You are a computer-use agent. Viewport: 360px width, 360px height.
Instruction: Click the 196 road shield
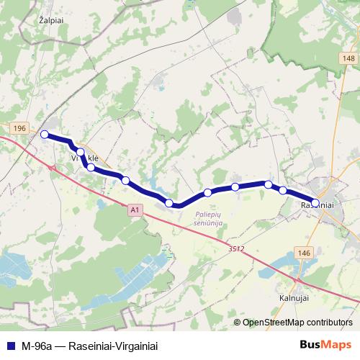[x=19, y=127]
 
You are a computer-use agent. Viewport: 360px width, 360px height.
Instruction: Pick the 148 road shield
[x=348, y=58]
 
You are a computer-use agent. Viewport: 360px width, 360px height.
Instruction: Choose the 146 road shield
[x=303, y=254]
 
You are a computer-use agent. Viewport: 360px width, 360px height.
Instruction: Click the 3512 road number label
[x=237, y=248]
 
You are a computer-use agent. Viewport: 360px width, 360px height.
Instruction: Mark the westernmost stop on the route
[x=45, y=134]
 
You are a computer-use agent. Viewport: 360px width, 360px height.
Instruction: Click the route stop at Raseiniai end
[x=315, y=202]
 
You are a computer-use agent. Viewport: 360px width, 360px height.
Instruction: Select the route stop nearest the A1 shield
[x=169, y=203]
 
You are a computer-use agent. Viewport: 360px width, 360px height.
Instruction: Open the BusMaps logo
[x=329, y=345]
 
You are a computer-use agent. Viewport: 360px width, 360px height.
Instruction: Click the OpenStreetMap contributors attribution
[x=297, y=323]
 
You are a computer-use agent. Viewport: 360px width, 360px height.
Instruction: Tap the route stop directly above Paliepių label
[x=207, y=192]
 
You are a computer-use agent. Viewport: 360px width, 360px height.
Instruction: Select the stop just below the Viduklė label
[x=91, y=167]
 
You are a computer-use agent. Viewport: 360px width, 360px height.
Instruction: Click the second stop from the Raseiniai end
[x=283, y=190]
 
